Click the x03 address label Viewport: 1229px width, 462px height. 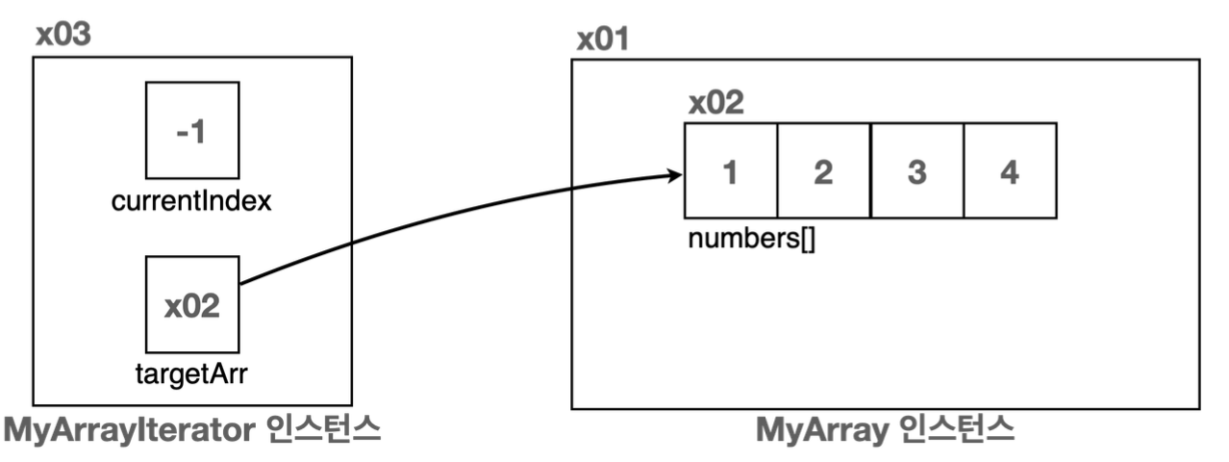click(x=64, y=35)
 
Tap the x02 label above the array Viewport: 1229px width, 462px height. click(x=715, y=103)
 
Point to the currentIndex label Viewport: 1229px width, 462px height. click(x=191, y=203)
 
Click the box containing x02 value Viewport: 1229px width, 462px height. click(x=191, y=304)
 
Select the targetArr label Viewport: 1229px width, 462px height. click(x=192, y=373)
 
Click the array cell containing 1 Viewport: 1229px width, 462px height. click(x=731, y=170)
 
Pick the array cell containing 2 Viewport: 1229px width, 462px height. click(x=823, y=170)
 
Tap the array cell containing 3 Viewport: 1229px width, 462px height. click(x=916, y=170)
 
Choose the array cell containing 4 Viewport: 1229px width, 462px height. click(x=1010, y=170)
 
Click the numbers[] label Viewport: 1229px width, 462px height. click(x=751, y=239)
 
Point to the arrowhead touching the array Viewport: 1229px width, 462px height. click(x=676, y=175)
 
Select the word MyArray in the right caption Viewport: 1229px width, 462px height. click(x=819, y=430)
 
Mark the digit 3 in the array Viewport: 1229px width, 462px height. click(x=916, y=171)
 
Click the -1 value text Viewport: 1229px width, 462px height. click(x=191, y=133)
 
